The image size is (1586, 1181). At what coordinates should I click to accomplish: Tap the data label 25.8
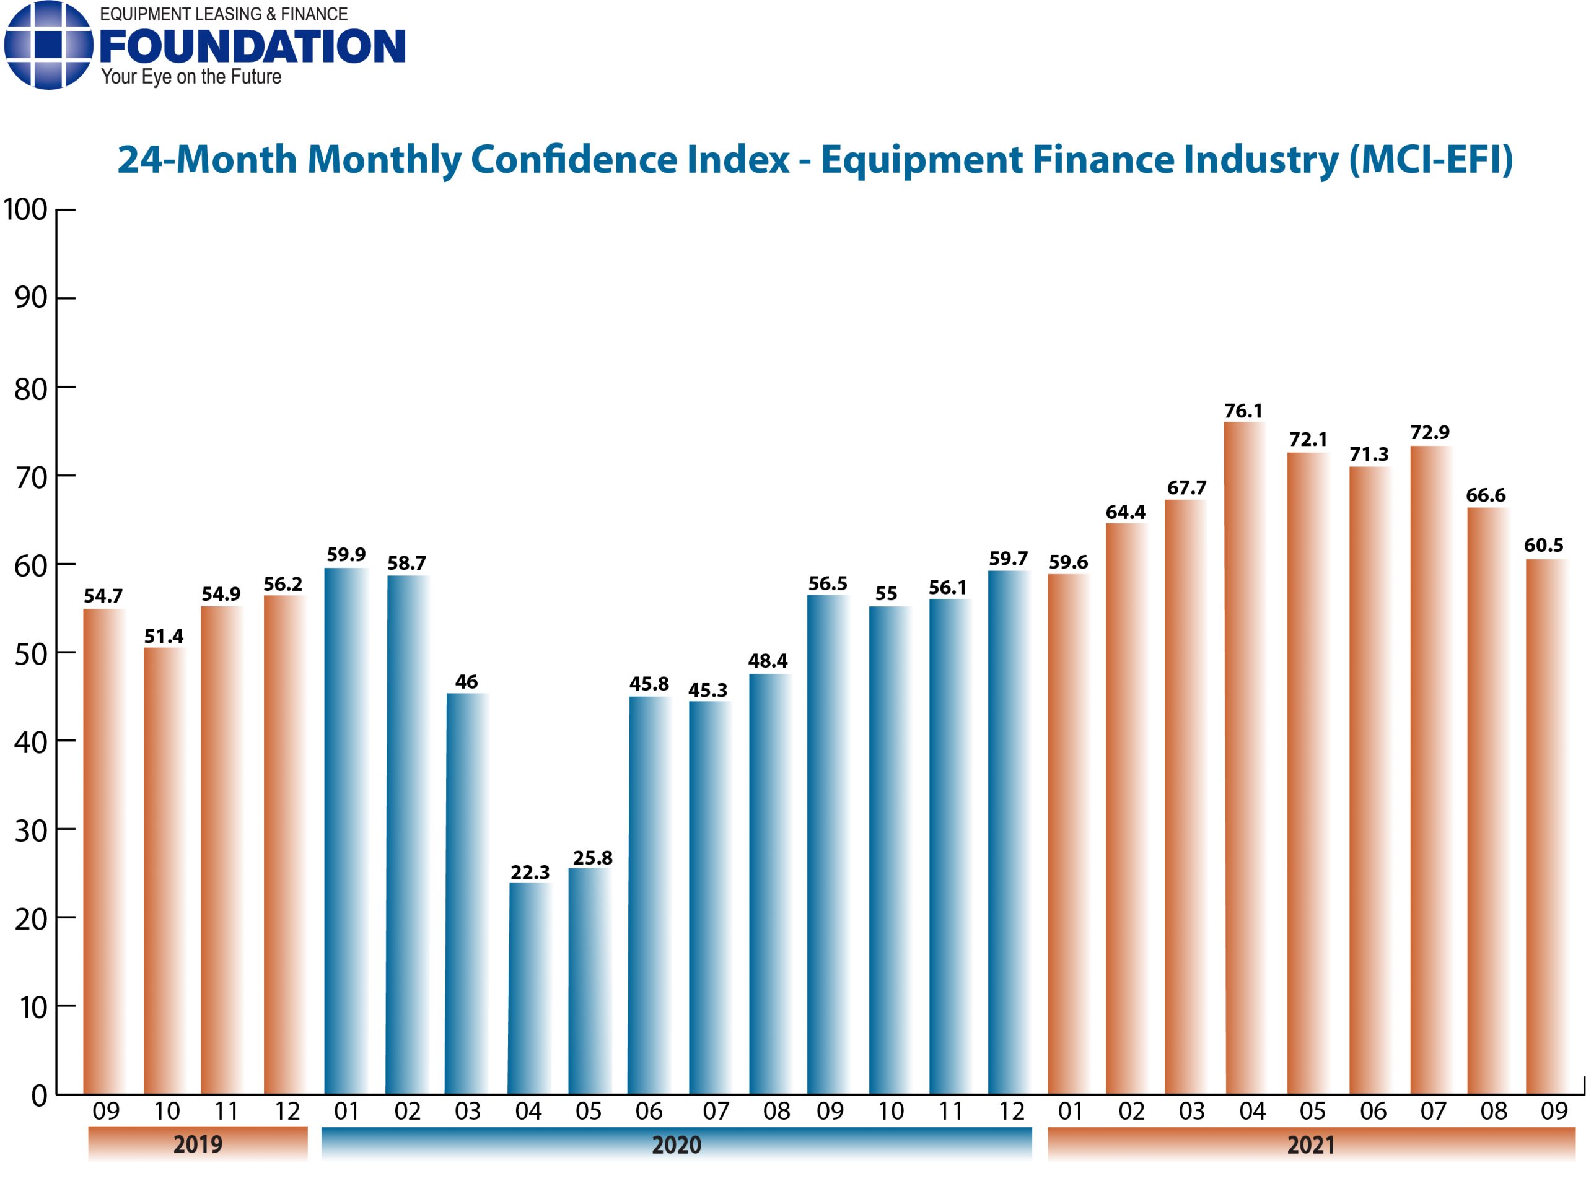pos(592,857)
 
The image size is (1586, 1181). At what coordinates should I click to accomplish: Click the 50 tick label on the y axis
pos(31,653)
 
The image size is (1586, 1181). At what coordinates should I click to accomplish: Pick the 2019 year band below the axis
pos(198,1144)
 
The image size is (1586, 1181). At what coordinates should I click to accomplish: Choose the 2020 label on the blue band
pos(676,1144)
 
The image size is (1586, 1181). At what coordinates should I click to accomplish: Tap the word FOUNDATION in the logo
pos(252,46)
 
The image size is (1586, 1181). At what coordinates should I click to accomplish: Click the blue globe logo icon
pos(48,45)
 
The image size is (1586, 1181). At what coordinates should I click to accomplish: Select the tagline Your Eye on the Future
pos(191,77)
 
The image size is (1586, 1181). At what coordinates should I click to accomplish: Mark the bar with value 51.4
pos(164,871)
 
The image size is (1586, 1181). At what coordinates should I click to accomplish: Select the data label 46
pos(467,681)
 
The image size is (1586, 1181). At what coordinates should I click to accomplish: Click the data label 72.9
pos(1429,432)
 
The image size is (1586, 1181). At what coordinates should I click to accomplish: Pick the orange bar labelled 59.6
pos(1067,834)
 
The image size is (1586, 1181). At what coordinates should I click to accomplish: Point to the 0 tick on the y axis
pos(39,1095)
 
